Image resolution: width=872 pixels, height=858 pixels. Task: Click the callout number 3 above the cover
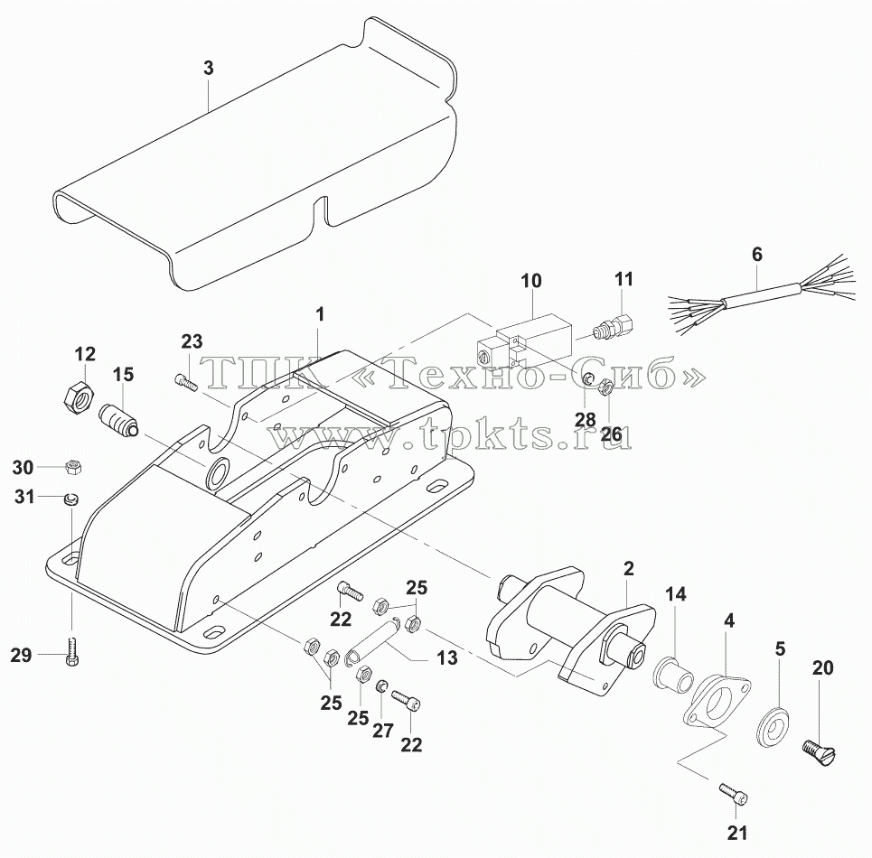tap(208, 69)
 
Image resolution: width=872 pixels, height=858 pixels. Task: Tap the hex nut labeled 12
tap(78, 396)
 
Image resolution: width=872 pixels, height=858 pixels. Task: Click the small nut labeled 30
tap(72, 467)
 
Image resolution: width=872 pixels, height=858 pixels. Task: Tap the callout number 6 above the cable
tap(757, 255)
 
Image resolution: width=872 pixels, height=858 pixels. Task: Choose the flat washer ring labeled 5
tap(774, 723)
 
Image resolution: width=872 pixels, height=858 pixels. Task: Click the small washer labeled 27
tap(381, 685)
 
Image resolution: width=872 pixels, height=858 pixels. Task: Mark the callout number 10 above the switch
tap(530, 281)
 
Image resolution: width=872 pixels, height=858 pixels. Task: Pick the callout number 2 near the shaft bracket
tap(628, 569)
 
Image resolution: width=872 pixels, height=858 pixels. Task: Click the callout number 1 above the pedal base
tap(320, 315)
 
